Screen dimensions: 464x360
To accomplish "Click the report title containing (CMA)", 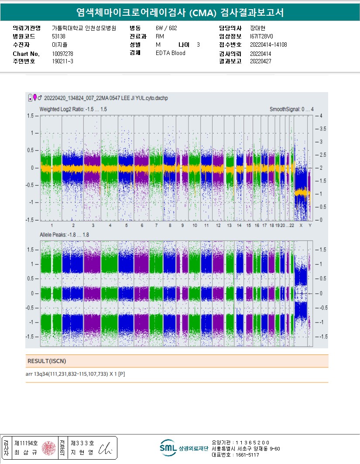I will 180,13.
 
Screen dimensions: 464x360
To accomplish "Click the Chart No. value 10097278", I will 62,53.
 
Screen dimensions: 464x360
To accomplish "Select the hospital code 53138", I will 58,37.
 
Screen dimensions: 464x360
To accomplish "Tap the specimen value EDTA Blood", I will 170,53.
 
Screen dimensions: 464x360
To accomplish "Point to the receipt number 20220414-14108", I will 268,45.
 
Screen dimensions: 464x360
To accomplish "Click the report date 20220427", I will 261,62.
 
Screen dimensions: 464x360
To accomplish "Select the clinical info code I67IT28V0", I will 262,37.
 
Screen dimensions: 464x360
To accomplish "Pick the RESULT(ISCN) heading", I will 47,361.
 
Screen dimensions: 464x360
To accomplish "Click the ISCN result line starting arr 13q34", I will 76,374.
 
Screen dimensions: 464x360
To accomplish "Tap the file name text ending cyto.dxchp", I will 106,98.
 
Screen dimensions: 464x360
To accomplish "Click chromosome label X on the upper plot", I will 301,225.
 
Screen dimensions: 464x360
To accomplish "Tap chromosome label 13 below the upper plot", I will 229,225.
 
